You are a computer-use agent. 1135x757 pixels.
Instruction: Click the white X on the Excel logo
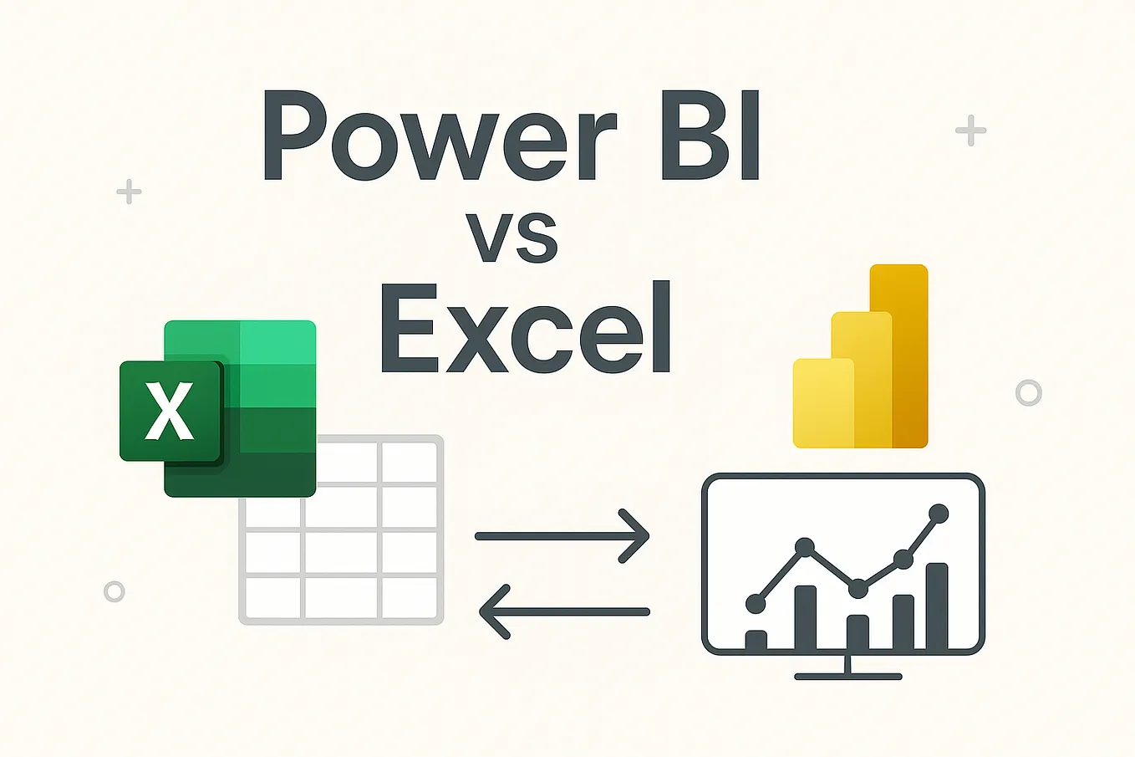pyautogui.click(x=170, y=411)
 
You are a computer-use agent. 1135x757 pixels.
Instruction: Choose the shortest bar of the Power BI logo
pyautogui.click(x=822, y=403)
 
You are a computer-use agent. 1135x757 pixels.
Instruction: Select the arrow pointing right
pyautogui.click(x=562, y=535)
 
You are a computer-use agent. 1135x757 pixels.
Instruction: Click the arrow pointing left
pyautogui.click(x=564, y=611)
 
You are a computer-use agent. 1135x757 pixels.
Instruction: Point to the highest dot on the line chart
pyautogui.click(x=939, y=513)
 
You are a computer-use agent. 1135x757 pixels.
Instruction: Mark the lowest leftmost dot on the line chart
pyautogui.click(x=755, y=601)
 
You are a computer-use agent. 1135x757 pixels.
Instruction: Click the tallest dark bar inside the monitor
pyautogui.click(x=937, y=606)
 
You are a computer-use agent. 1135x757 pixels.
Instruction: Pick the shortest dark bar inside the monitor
pyautogui.click(x=756, y=640)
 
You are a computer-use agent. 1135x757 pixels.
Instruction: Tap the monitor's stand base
pyautogui.click(x=847, y=675)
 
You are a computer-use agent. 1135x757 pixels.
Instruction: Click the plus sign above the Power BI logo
pyautogui.click(x=970, y=130)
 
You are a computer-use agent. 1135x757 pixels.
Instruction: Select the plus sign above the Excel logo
pyautogui.click(x=129, y=192)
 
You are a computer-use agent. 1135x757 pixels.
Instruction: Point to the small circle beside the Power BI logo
pyautogui.click(x=1028, y=392)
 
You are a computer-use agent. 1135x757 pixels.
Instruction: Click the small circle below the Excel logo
pyautogui.click(x=115, y=591)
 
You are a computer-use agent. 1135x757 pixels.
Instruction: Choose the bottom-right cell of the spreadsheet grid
pyautogui.click(x=409, y=597)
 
